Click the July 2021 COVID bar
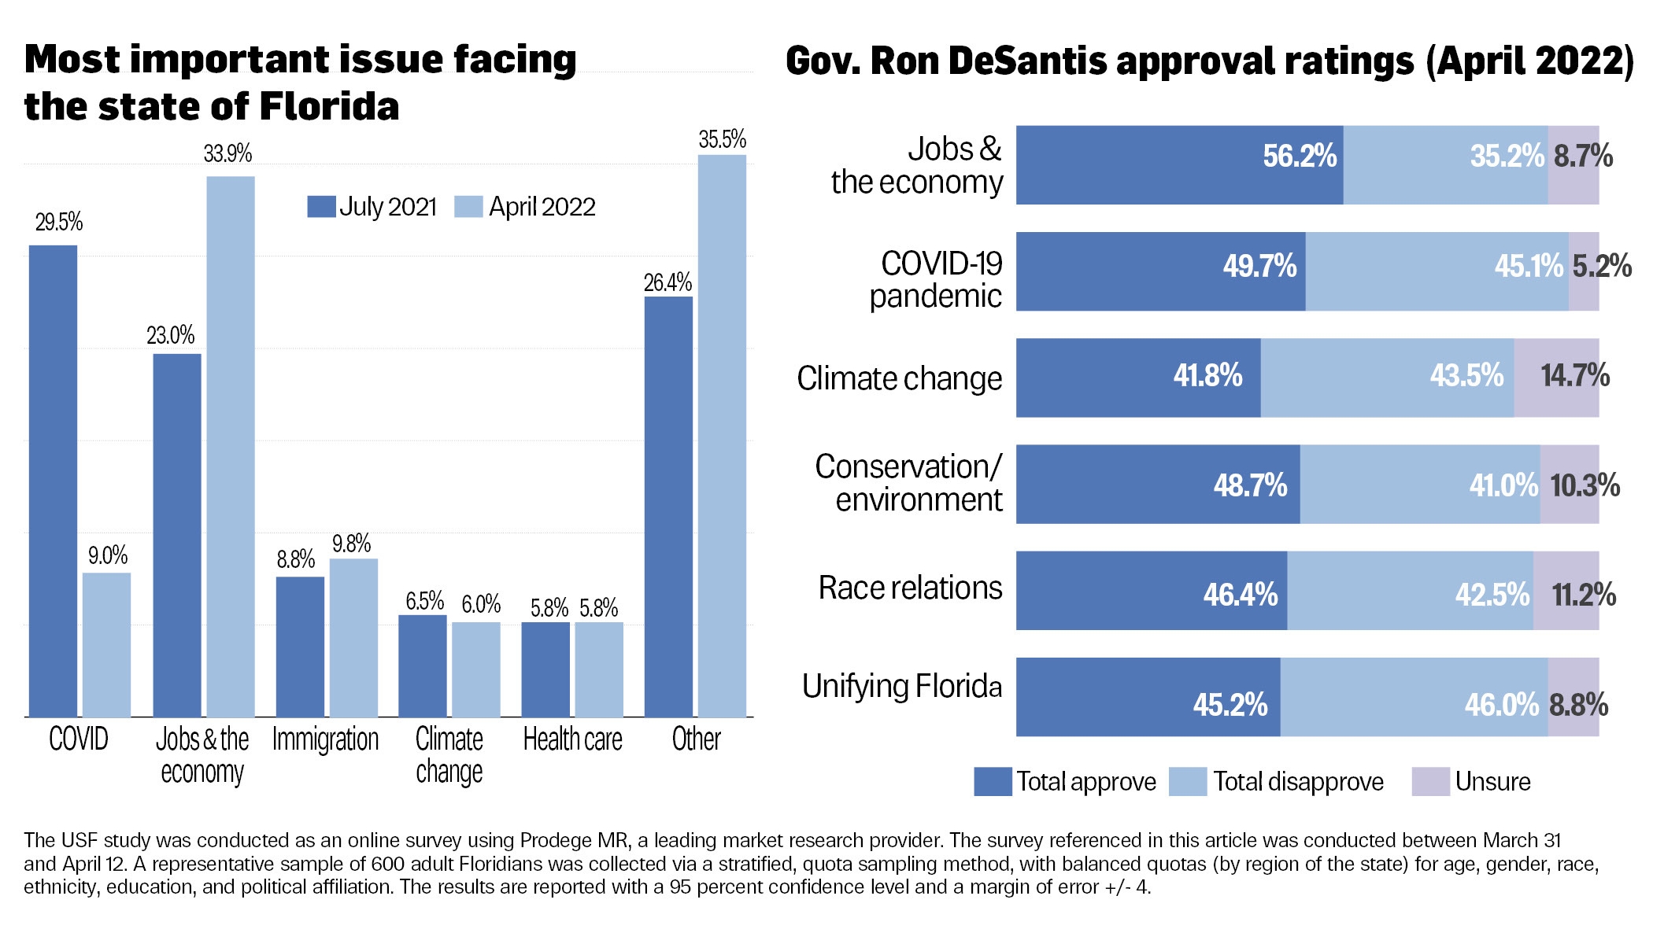(54, 481)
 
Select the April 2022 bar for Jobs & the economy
(231, 446)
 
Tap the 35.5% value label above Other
(722, 140)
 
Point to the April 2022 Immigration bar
(353, 637)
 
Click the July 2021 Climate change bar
(422, 665)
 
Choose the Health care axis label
(572, 739)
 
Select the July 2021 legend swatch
(321, 207)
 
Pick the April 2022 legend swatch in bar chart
(468, 207)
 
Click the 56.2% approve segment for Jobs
(1179, 165)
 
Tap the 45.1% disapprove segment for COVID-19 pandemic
(1437, 271)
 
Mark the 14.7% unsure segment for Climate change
(1556, 378)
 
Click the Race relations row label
(910, 588)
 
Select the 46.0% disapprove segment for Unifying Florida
(1414, 697)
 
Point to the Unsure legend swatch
(1430, 782)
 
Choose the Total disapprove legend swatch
(1188, 782)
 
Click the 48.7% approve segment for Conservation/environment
(1158, 485)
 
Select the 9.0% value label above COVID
(108, 556)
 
